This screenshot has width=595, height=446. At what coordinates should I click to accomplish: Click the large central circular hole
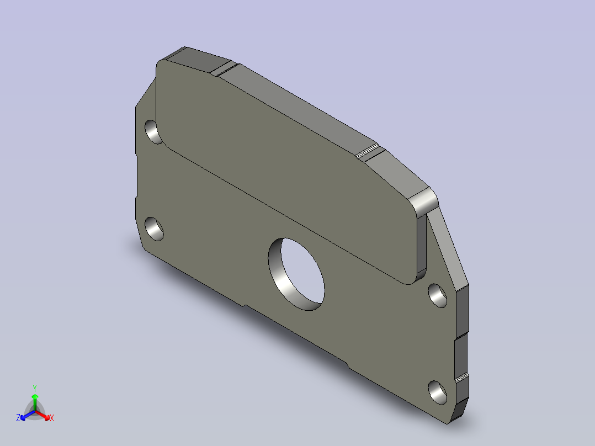coord(296,274)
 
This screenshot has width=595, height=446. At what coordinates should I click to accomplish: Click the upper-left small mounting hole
coord(153,132)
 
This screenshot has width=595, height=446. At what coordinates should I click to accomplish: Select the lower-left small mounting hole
coord(154,229)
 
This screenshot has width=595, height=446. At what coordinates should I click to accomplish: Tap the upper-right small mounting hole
coord(438,295)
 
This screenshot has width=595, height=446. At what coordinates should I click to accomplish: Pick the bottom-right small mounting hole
coord(438,392)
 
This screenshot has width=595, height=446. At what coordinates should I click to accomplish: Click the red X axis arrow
coord(43,415)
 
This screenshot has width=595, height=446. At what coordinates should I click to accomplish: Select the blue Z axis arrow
coord(28,415)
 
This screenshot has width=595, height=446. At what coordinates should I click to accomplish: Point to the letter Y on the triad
coord(35,388)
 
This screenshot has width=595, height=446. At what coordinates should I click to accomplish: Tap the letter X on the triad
coord(52,418)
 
